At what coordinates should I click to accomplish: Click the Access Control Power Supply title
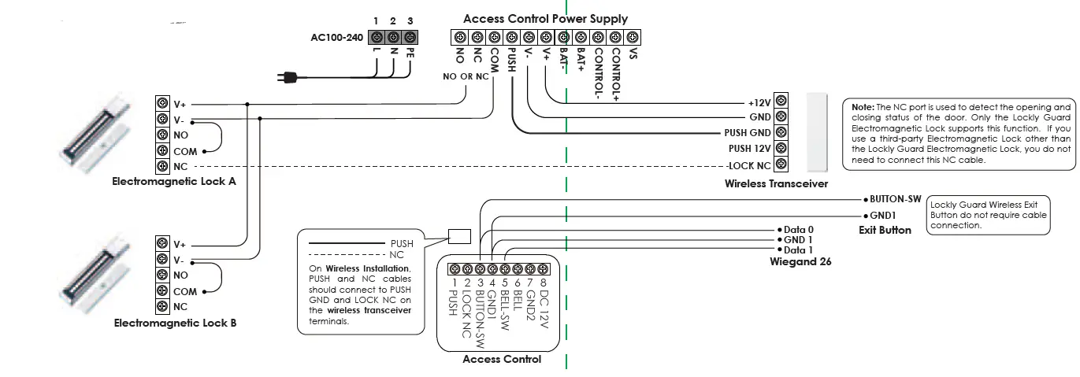[x=545, y=18]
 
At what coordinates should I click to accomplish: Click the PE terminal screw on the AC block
[x=410, y=38]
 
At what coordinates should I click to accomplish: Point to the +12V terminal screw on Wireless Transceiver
[x=781, y=102]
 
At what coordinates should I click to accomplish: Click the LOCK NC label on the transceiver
[x=749, y=165]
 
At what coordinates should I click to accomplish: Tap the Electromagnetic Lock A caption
[x=174, y=182]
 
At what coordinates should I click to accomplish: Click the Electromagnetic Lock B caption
[x=175, y=323]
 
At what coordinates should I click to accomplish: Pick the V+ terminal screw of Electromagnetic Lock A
[x=162, y=104]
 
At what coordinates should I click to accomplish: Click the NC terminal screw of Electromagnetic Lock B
[x=162, y=306]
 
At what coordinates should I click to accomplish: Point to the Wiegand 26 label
[x=800, y=261]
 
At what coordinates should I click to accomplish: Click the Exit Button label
[x=885, y=230]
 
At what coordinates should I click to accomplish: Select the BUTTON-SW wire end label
[x=895, y=200]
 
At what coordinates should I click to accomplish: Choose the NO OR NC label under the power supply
[x=466, y=77]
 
